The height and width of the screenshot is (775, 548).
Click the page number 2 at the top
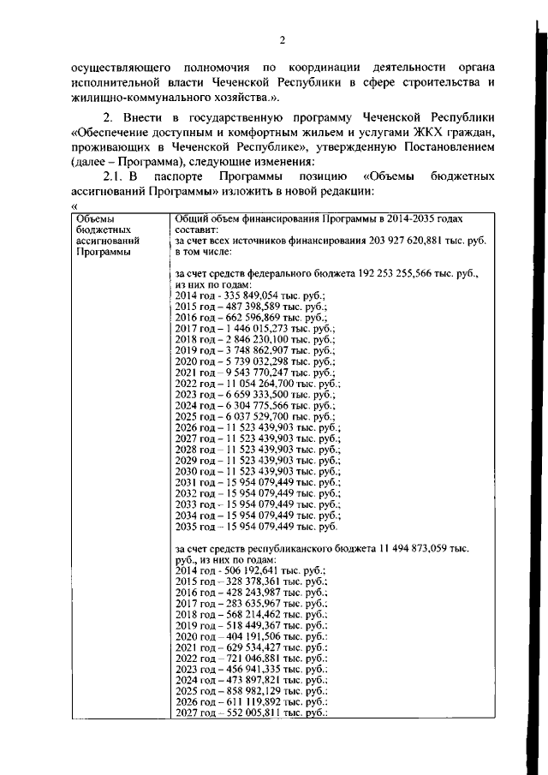pyautogui.click(x=281, y=39)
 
